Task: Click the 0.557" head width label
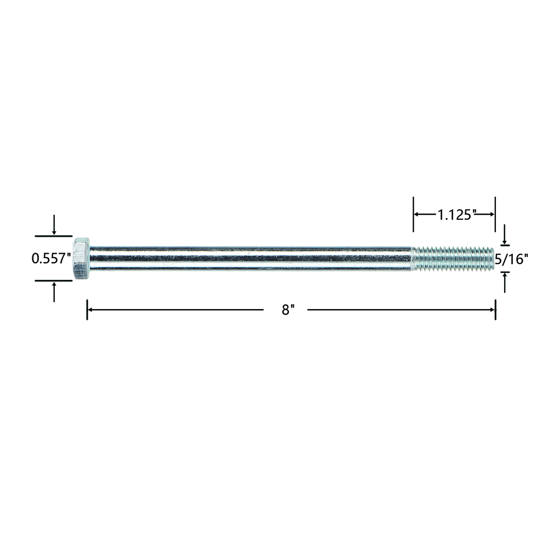point(51,259)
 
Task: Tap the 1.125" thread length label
point(455,215)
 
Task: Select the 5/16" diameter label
point(511,259)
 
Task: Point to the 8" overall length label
point(288,310)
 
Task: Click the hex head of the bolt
point(82,258)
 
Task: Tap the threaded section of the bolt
point(453,259)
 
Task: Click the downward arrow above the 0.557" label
point(54,225)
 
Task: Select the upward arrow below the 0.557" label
point(54,292)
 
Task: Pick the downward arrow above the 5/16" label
point(504,235)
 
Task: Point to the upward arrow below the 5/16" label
point(504,283)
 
